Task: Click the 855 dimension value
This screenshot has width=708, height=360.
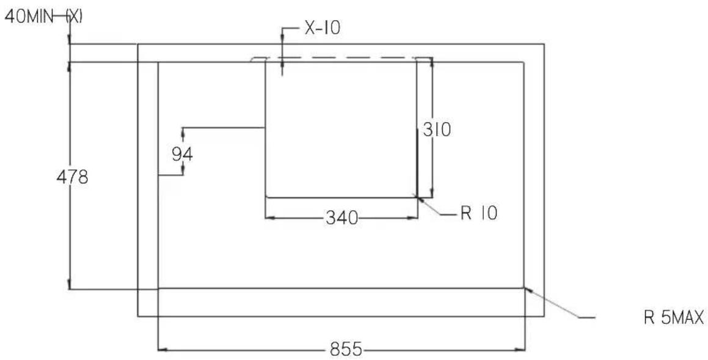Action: point(346,349)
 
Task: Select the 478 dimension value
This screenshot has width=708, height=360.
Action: point(72,177)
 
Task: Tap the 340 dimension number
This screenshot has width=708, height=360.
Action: point(341,218)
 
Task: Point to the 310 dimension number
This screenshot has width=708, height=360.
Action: point(437,130)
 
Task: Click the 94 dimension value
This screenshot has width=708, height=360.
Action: point(183,155)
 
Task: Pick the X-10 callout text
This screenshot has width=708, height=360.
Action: point(323,29)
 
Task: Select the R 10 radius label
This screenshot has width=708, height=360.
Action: point(479,213)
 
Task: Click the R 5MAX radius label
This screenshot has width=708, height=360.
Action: point(674,318)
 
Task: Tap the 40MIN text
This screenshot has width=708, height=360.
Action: point(29,17)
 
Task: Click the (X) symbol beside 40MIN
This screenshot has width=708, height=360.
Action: point(74,17)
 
